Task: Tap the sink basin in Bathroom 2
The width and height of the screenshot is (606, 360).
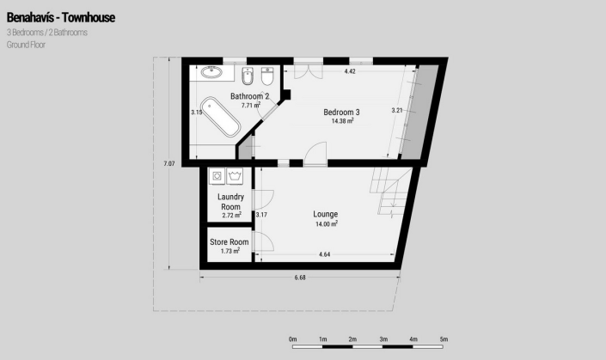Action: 211,73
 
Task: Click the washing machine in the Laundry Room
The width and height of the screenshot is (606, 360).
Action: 217,176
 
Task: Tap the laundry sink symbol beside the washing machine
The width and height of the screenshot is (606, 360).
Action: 236,176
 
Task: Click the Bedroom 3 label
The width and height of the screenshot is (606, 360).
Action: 341,112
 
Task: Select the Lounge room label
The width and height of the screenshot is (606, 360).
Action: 325,214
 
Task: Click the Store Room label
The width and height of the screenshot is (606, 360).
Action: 229,242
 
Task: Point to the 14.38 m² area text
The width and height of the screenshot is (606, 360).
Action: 343,121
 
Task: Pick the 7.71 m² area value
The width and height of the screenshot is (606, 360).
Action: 251,106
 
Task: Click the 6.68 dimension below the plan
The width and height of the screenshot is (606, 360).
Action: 300,277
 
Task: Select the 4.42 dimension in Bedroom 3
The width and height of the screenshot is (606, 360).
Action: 350,71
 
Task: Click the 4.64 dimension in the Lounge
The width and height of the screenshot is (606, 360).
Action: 325,254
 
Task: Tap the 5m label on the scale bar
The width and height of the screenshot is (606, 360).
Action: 444,339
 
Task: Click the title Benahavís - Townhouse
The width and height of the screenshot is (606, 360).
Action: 60,17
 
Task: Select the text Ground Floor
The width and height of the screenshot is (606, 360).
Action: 27,44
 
